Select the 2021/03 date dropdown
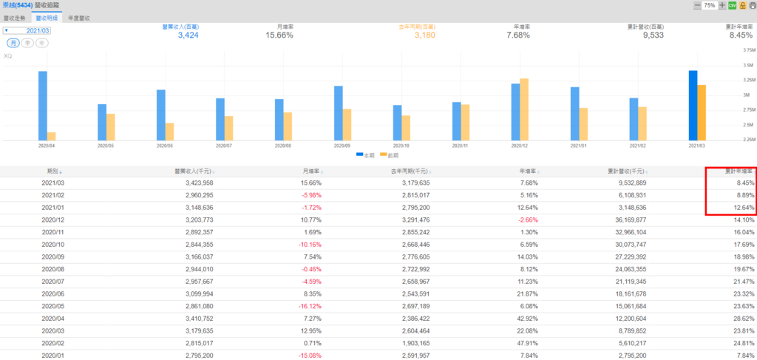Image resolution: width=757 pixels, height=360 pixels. [x=27, y=31]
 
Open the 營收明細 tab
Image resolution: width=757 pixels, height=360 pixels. [x=47, y=16]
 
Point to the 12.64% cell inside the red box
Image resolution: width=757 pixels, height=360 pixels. [x=741, y=208]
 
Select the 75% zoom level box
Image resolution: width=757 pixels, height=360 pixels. [x=709, y=5]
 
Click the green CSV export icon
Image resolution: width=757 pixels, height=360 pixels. [x=732, y=5]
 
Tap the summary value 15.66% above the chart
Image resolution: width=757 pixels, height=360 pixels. [x=279, y=35]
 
